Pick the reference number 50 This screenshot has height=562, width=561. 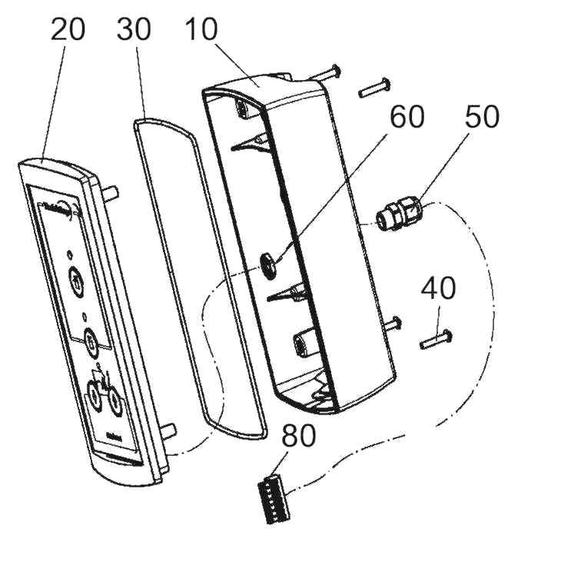coord(482,116)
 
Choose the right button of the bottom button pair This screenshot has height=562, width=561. coord(114,401)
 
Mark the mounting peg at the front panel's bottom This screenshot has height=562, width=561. coord(170,428)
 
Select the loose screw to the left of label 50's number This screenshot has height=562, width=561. coord(373,87)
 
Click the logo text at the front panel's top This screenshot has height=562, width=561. coord(55,206)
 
